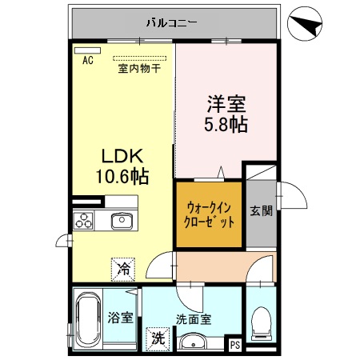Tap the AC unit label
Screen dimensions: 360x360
[86, 60]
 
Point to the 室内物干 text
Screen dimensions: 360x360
[139, 69]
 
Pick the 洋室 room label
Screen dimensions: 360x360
[226, 105]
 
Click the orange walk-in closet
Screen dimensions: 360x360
[208, 214]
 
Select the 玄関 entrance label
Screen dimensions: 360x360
[260, 211]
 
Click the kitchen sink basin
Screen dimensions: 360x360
[122, 219]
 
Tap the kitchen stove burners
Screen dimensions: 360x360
[86, 220]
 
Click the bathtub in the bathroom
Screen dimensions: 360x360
[86, 319]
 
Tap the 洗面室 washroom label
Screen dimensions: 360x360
[194, 318]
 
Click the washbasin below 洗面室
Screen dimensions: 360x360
[193, 342]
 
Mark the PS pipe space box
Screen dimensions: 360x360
[235, 346]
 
